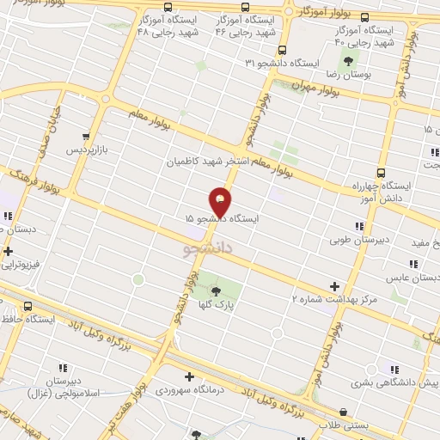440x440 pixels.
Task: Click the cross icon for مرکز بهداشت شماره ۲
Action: click(334, 286)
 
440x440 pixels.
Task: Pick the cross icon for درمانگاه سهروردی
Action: click(189, 376)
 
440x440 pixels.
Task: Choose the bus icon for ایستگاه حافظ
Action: click(28, 306)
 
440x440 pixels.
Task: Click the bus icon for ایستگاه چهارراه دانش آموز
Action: click(382, 170)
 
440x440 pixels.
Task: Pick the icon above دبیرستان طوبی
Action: click(359, 225)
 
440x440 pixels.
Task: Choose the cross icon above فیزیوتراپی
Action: click(9, 252)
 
